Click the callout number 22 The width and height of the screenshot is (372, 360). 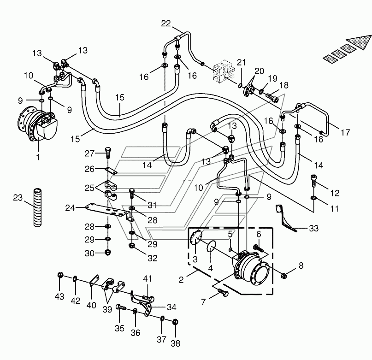(166, 24)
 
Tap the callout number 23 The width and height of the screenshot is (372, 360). (18, 197)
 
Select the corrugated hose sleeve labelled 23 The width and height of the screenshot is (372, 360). (37, 207)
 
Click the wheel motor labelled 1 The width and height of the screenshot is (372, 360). (37, 124)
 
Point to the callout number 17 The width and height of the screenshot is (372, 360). (345, 132)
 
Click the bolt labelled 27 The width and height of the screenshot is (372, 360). (108, 153)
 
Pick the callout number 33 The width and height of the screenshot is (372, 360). (313, 228)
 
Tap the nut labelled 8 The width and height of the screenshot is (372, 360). (283, 276)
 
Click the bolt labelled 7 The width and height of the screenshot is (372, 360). (223, 292)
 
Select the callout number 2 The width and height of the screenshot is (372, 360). (181, 280)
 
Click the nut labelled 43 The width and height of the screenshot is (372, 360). (60, 275)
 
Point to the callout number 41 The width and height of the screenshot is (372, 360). (147, 278)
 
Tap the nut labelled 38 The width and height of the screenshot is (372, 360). (175, 322)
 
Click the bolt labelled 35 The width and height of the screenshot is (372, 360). (121, 307)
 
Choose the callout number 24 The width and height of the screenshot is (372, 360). (70, 208)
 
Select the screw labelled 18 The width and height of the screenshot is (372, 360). (272, 97)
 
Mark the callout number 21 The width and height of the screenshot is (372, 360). (241, 62)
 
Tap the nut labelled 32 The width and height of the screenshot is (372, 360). (131, 246)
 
